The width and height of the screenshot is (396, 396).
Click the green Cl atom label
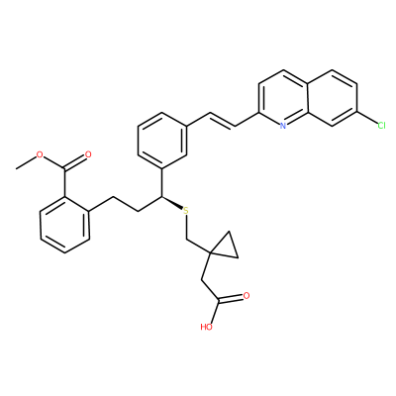click(x=381, y=126)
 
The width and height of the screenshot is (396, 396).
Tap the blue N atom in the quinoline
click(x=282, y=126)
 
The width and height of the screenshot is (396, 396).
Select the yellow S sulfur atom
click(x=186, y=211)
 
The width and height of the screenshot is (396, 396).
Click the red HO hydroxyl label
click(x=206, y=327)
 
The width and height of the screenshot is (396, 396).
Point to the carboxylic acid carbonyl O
click(x=246, y=296)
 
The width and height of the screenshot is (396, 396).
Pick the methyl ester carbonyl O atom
click(x=88, y=154)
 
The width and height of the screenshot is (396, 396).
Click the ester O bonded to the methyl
click(x=40, y=154)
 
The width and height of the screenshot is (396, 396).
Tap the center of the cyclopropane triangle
click(x=226, y=247)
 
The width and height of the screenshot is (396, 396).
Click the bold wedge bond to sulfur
click(x=172, y=202)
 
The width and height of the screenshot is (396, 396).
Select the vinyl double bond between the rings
click(x=223, y=120)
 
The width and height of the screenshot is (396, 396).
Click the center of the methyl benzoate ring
click(x=64, y=225)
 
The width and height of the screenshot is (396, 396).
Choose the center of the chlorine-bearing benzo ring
click(x=332, y=98)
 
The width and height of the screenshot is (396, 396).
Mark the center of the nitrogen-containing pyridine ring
click(x=283, y=98)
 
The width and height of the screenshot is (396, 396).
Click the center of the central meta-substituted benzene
click(x=161, y=141)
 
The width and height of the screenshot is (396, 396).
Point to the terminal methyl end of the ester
click(x=17, y=168)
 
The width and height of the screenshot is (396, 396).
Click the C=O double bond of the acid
click(x=231, y=299)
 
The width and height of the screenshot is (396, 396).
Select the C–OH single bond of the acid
click(x=214, y=312)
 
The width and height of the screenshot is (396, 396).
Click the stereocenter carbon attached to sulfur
click(x=161, y=197)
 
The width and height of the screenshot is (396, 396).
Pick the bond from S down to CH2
click(x=186, y=227)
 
